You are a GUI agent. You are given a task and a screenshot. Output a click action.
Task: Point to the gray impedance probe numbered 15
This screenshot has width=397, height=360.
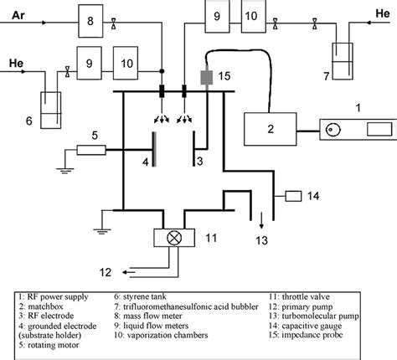pos(206,76)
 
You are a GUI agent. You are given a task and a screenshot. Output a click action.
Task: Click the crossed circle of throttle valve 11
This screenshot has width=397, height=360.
pos(175,236)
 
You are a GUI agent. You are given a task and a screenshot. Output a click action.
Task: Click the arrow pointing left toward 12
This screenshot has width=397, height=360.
pos(128,271)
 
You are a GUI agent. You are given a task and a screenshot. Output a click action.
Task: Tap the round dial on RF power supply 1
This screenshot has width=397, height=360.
pos(335,131)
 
